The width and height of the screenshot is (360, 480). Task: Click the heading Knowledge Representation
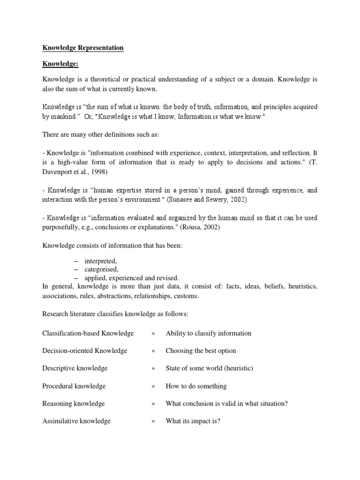(83, 47)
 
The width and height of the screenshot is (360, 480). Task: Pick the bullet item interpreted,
(100, 261)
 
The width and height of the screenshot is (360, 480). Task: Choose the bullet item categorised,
(101, 269)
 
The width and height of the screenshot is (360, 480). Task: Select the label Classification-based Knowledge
(88, 333)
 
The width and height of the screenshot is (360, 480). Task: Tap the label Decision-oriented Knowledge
(85, 351)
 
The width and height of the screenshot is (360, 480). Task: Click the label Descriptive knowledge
(75, 368)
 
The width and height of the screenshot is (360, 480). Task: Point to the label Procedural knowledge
(74, 386)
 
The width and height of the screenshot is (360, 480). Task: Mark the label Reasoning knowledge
(74, 404)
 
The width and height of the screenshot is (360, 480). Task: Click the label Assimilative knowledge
(76, 421)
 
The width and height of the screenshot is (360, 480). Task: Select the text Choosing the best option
(201, 351)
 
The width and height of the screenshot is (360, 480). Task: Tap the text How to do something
(196, 386)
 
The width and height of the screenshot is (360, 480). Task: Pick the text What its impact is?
(193, 421)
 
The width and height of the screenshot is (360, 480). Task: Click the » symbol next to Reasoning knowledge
(153, 404)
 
